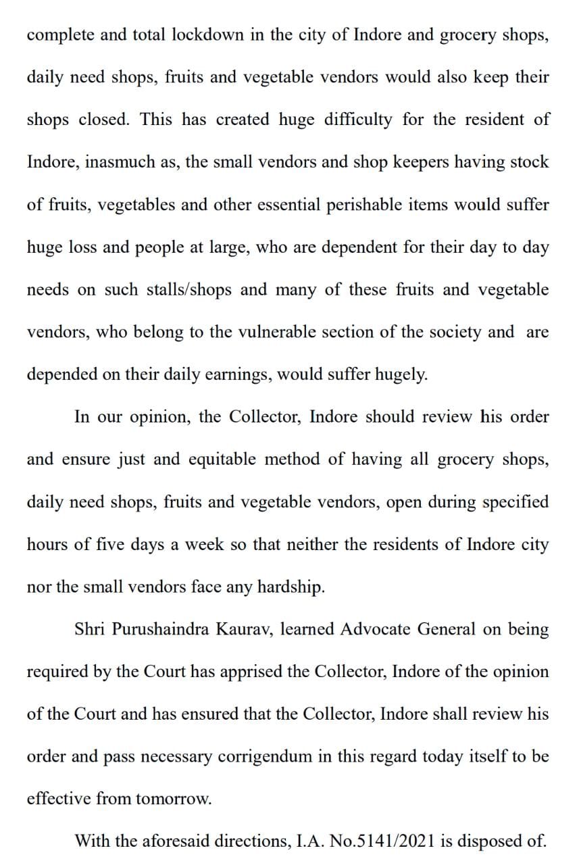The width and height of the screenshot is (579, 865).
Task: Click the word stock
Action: click(x=530, y=163)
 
